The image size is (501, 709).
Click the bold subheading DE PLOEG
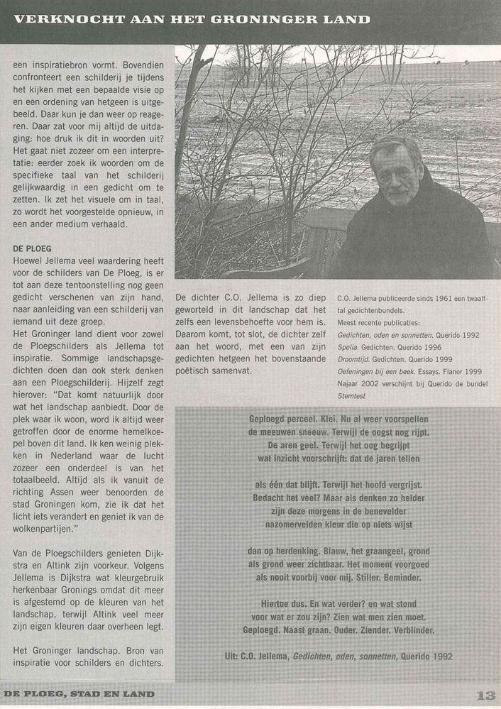(x=33, y=248)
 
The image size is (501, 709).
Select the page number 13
(x=485, y=695)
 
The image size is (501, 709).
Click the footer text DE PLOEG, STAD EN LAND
(x=79, y=695)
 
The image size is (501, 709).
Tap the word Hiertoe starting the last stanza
(x=267, y=603)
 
